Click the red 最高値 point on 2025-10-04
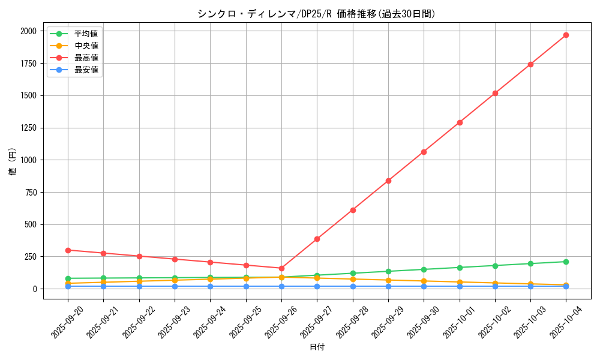tap(566, 35)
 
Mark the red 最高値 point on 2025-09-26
tap(281, 268)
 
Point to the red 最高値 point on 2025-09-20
tap(68, 250)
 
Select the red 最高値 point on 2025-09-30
tap(424, 152)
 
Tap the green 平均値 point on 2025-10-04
tap(566, 262)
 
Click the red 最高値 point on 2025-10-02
tap(495, 93)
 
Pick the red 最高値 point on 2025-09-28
tap(353, 210)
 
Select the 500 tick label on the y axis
tap(31, 224)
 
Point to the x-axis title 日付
tap(317, 347)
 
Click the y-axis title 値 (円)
tap(13, 163)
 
